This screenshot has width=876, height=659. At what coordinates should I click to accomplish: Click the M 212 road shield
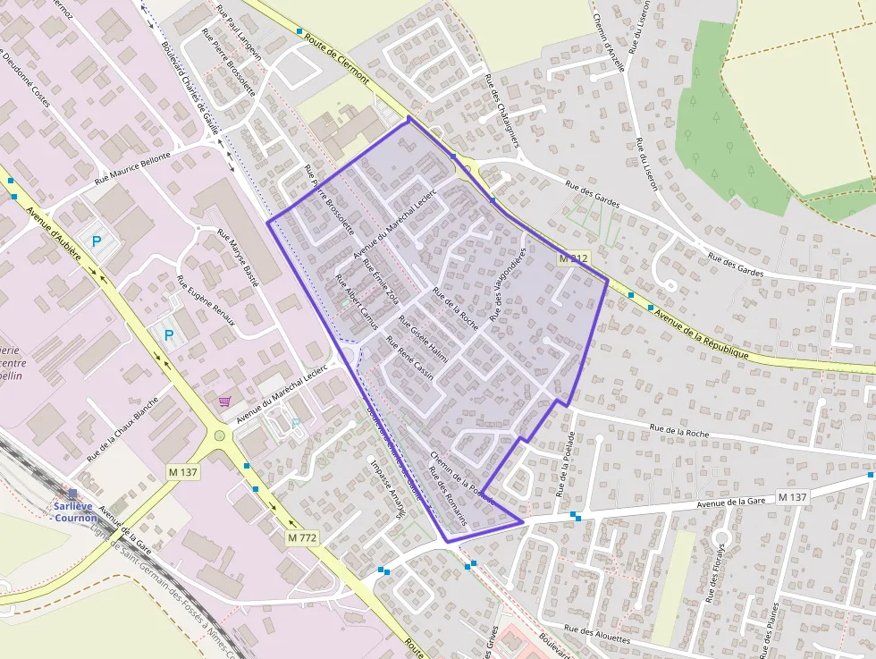[x=573, y=258]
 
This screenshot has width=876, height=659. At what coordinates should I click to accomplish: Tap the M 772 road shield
[x=303, y=538]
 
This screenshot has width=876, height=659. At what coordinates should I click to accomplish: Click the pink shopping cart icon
[x=223, y=402]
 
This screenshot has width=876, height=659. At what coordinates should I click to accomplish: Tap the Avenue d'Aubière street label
[x=55, y=233]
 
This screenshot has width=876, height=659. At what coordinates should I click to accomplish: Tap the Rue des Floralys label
[x=716, y=572]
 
